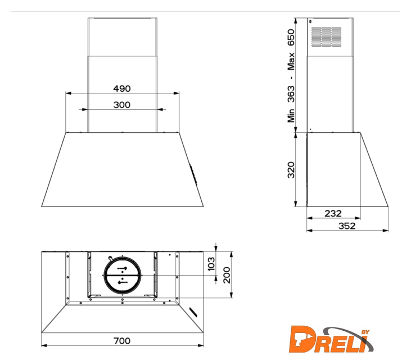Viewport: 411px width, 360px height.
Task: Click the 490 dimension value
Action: tap(122, 88)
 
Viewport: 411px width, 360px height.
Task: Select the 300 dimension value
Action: tap(122, 105)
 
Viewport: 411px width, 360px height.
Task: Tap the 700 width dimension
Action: tap(122, 341)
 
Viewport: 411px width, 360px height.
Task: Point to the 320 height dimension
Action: tap(291, 170)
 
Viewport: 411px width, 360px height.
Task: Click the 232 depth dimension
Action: tap(333, 213)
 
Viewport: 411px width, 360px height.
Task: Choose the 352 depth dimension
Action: tap(347, 226)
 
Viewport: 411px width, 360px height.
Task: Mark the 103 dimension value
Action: tap(211, 263)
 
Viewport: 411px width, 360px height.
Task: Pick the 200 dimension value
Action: tap(227, 275)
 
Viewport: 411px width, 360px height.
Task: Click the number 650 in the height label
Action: tap(291, 38)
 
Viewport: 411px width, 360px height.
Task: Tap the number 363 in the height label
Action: tap(291, 94)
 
